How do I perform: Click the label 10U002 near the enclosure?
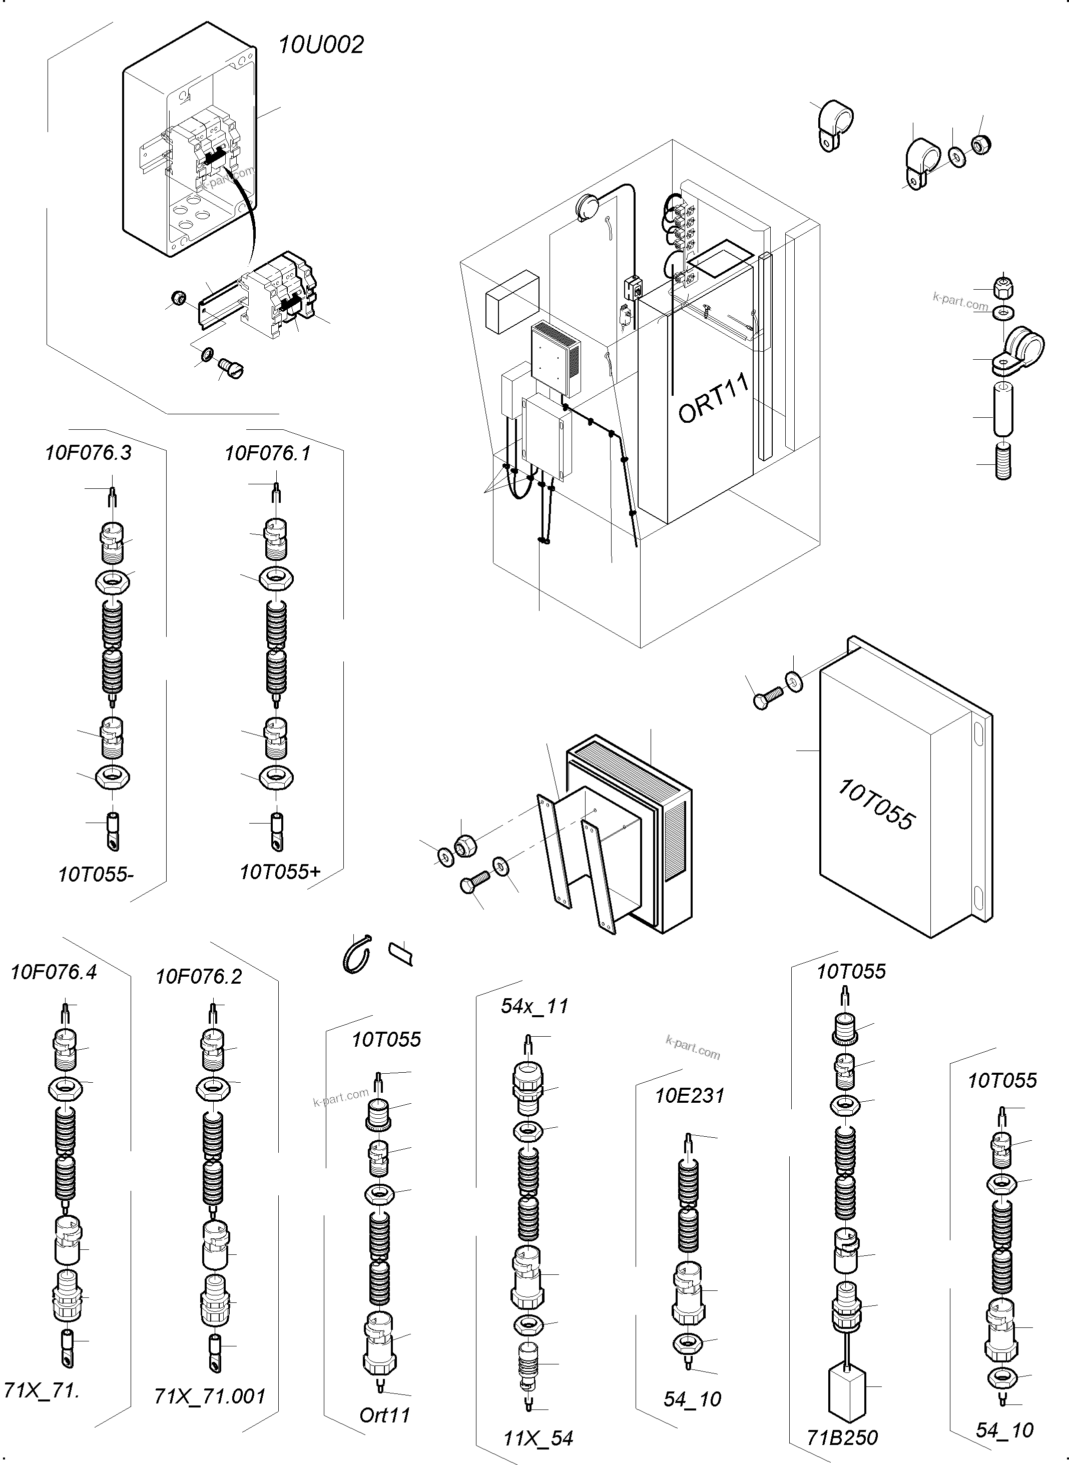(321, 45)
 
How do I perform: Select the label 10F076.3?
(88, 453)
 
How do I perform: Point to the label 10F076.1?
(267, 453)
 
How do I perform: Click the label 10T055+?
(280, 872)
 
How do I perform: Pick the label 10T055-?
(96, 875)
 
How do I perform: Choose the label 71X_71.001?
(210, 1396)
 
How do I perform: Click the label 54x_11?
(534, 1006)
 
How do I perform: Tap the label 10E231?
(689, 1095)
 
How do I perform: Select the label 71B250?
(842, 1437)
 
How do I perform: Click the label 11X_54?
(539, 1438)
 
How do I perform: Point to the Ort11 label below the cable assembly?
(385, 1414)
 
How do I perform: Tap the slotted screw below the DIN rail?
(231, 369)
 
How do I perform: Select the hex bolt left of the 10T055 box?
(768, 698)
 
